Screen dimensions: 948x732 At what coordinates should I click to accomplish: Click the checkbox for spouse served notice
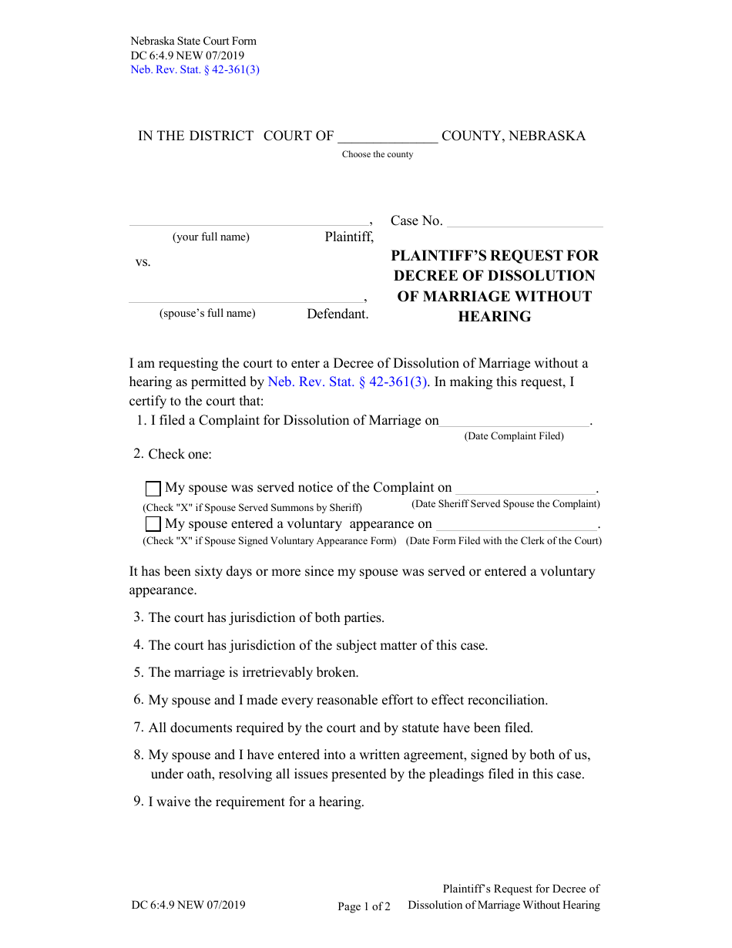(x=153, y=489)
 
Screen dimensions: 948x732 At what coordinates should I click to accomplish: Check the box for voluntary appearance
(x=153, y=525)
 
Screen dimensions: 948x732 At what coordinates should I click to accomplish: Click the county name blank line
(x=388, y=139)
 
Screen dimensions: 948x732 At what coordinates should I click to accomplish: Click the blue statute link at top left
(x=195, y=69)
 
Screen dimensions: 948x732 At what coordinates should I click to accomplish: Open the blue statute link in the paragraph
(x=348, y=382)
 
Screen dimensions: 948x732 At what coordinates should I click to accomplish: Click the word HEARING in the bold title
(x=495, y=317)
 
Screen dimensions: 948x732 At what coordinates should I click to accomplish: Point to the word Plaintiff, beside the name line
(x=349, y=237)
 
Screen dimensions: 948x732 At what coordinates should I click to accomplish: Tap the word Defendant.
(x=337, y=314)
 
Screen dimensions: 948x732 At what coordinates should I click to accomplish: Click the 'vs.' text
(x=143, y=262)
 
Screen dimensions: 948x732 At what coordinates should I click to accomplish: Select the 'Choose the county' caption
(x=378, y=154)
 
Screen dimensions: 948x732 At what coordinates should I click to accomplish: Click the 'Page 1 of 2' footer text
(x=364, y=906)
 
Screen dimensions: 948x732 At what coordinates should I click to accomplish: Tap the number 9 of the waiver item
(x=138, y=802)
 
